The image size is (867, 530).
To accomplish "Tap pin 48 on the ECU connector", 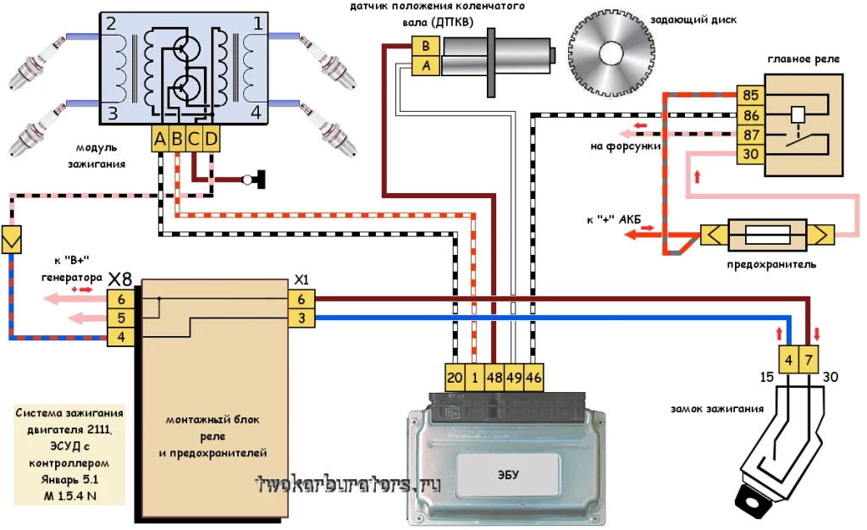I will (494, 377).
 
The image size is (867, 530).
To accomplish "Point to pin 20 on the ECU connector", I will (455, 377).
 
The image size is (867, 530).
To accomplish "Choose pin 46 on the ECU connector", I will (533, 377).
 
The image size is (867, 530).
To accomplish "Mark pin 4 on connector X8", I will (121, 337).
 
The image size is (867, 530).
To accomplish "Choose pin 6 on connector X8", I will (121, 299).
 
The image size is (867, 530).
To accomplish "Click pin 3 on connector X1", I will (301, 317).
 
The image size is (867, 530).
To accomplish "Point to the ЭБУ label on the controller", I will (508, 475).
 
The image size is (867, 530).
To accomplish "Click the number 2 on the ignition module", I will (111, 25).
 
